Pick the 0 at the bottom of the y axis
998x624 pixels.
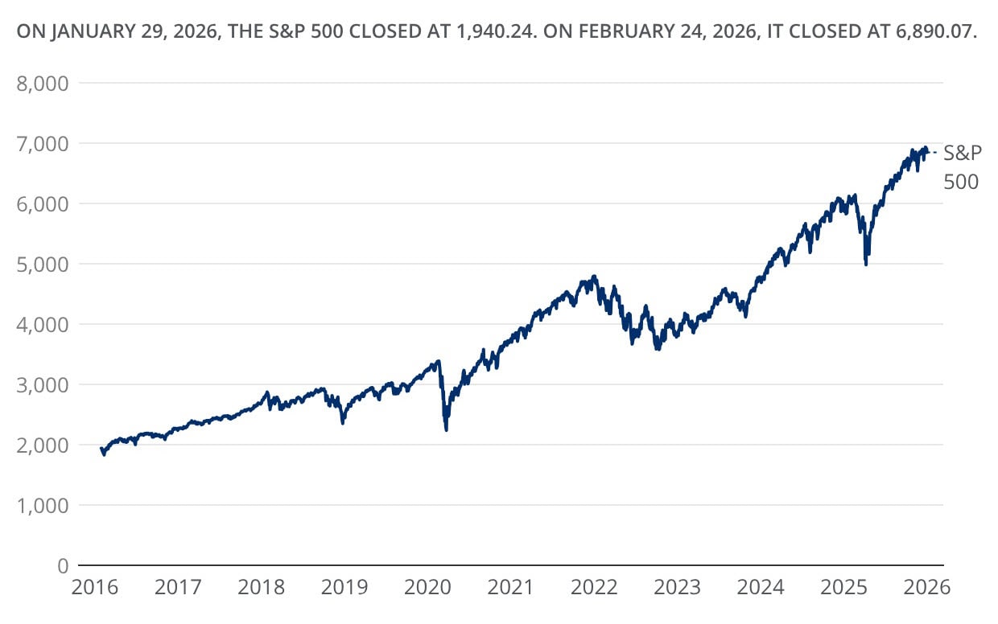point(63,565)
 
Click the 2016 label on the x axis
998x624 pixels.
point(95,587)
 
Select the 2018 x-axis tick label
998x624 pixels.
point(262,587)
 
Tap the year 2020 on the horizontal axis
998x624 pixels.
point(428,587)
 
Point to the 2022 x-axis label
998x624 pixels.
point(595,587)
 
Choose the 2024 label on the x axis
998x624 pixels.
point(761,587)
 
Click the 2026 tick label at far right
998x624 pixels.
point(928,587)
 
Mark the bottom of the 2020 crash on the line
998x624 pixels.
point(446,430)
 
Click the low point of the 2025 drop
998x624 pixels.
point(865,264)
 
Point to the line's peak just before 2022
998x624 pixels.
point(594,277)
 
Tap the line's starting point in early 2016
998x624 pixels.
point(101,448)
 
